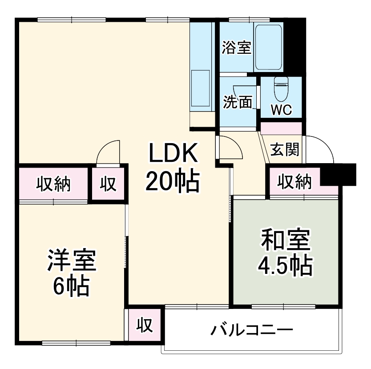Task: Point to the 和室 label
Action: pyautogui.click(x=284, y=242)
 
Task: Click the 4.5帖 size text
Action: pyautogui.click(x=284, y=266)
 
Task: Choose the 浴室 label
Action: pyautogui.click(x=237, y=48)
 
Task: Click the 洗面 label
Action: pyautogui.click(x=237, y=102)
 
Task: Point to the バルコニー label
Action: pyautogui.click(x=252, y=330)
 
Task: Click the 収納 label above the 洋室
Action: pyautogui.click(x=53, y=183)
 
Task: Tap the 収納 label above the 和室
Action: pyautogui.click(x=294, y=181)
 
